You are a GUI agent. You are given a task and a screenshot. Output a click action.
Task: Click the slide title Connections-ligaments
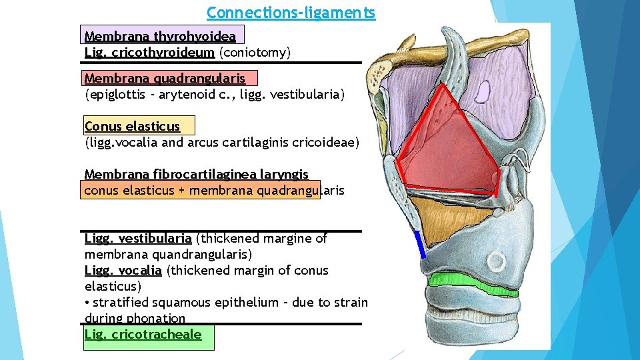pyautogui.click(x=291, y=13)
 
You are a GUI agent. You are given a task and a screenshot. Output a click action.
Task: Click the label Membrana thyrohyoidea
pyautogui.click(x=160, y=36)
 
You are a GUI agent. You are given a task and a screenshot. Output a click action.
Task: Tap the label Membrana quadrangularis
pyautogui.click(x=165, y=79)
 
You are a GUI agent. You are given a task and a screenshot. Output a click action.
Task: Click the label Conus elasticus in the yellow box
pyautogui.click(x=132, y=126)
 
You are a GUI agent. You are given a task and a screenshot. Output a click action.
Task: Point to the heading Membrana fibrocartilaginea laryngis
pyautogui.click(x=197, y=174)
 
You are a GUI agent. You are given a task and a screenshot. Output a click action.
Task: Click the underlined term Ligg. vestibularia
pyautogui.click(x=138, y=238)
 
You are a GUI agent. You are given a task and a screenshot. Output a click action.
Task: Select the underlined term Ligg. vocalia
pyautogui.click(x=123, y=270)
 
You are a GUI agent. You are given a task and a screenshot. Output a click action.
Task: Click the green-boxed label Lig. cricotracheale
pyautogui.click(x=143, y=334)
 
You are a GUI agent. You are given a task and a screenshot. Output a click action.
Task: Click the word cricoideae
pyautogui.click(x=330, y=142)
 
